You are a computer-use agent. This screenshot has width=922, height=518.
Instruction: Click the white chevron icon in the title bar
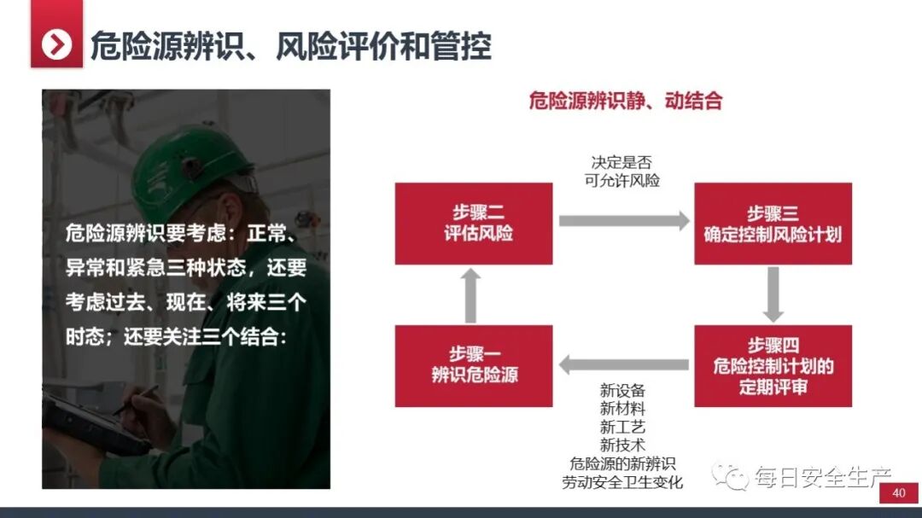pyautogui.click(x=57, y=44)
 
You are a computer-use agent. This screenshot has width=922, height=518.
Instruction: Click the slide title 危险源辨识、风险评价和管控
pyautogui.click(x=290, y=45)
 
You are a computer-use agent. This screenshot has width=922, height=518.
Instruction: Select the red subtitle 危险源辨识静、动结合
pyautogui.click(x=625, y=101)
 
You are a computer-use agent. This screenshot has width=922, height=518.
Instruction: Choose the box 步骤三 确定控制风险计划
pyautogui.click(x=773, y=224)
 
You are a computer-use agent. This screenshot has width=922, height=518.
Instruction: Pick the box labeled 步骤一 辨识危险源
pyautogui.click(x=474, y=365)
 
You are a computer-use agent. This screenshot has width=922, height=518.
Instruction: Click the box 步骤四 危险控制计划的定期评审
pyautogui.click(x=773, y=365)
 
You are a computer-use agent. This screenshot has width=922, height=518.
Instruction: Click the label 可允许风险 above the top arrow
pyautogui.click(x=622, y=180)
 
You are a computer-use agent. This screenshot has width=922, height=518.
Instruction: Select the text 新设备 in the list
pyautogui.click(x=622, y=392)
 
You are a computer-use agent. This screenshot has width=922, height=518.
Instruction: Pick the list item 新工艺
pyautogui.click(x=622, y=428)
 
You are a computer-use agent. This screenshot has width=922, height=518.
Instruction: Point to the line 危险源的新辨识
pyautogui.click(x=622, y=463)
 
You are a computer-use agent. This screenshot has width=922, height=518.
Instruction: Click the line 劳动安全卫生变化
pyautogui.click(x=622, y=481)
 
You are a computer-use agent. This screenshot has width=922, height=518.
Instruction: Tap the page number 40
pyautogui.click(x=898, y=493)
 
